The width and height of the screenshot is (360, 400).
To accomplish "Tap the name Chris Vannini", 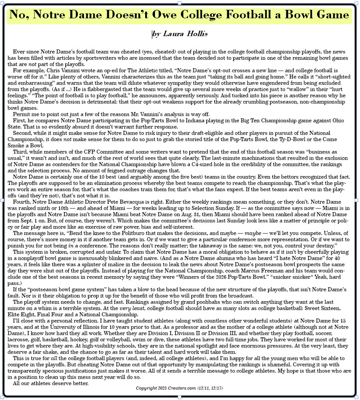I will click(x=61, y=70).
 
